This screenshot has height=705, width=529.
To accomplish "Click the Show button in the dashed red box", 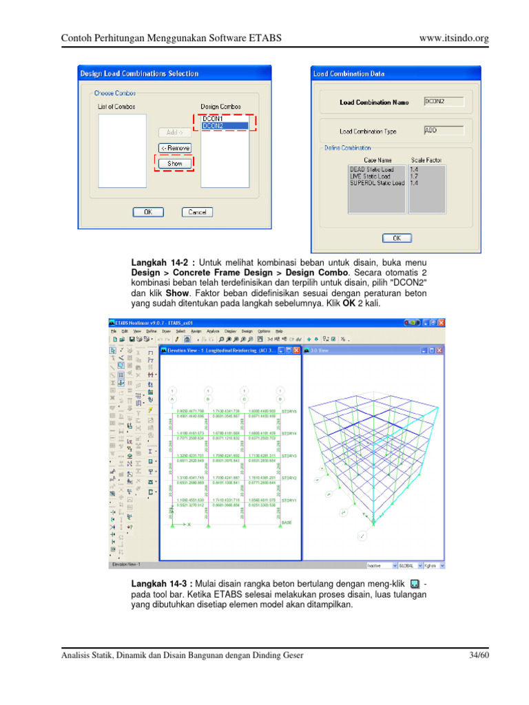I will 174,164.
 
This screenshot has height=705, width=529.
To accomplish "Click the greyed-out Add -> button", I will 174,131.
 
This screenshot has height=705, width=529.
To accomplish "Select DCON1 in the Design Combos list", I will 213,119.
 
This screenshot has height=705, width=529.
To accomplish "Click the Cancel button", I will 197,212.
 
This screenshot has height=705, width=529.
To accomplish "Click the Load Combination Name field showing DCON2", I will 444,101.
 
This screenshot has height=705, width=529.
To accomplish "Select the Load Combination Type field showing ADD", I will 444,129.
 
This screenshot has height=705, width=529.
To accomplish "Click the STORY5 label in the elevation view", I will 289,412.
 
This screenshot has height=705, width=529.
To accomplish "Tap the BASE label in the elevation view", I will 287,523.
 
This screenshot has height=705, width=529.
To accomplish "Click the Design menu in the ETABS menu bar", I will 247,330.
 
